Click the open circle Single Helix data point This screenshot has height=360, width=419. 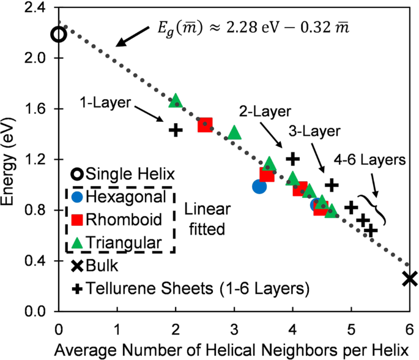[x=58, y=34]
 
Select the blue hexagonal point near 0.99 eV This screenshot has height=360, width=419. [x=259, y=186]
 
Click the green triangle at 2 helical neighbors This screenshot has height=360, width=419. [x=176, y=101]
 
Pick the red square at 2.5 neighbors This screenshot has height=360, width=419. [x=205, y=125]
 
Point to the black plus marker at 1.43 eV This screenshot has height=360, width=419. [x=176, y=130]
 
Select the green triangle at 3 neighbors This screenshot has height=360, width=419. [x=234, y=132]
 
